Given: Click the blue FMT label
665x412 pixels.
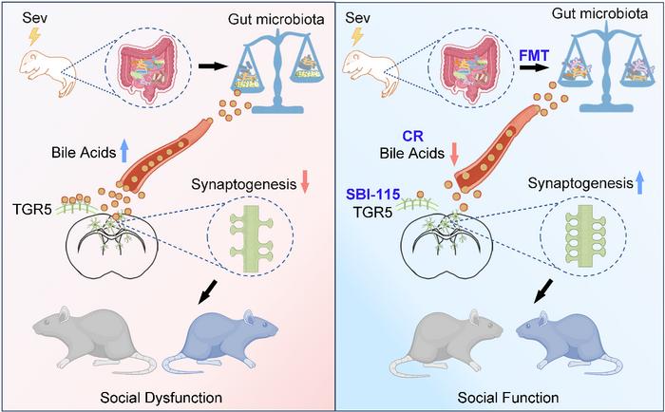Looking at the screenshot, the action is click(x=534, y=55).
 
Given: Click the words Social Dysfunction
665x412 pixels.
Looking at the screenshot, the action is click(x=161, y=398).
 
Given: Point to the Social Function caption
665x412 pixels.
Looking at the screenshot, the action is click(x=508, y=398).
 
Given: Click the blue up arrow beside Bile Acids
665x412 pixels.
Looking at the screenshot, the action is click(x=124, y=152).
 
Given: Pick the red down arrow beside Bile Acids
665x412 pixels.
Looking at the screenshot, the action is click(x=454, y=154).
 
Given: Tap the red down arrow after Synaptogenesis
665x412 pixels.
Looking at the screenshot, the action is click(x=305, y=183).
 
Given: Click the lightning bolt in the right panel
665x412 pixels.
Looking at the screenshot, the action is click(x=356, y=37).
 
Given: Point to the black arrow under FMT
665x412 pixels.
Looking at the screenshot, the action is click(x=534, y=67).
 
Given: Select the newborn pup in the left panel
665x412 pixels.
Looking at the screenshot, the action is click(x=47, y=73).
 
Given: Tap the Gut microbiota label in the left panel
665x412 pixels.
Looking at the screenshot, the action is click(x=276, y=19).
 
